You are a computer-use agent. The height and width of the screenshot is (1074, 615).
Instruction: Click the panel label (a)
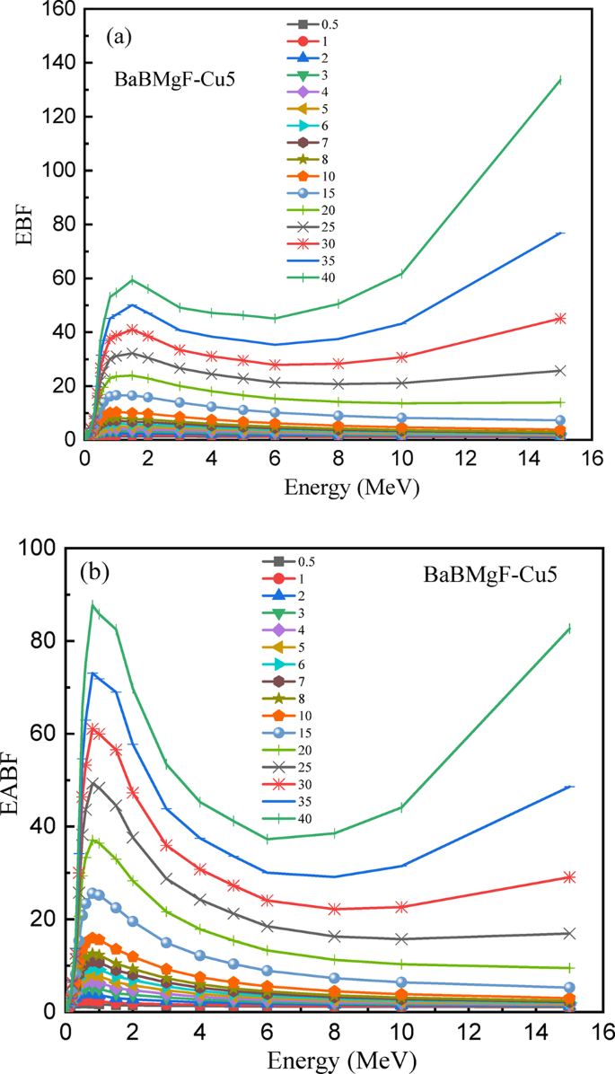pyautogui.click(x=119, y=37)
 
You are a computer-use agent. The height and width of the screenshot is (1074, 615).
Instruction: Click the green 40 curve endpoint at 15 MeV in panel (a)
pyautogui.click(x=560, y=80)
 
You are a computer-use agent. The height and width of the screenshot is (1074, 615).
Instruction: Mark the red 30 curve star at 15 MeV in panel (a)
pyautogui.click(x=560, y=318)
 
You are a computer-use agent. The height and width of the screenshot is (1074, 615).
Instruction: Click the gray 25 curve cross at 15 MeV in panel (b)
pyautogui.click(x=568, y=933)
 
